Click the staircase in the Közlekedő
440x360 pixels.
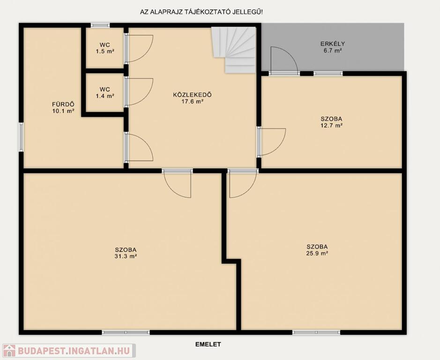pyautogui.click(x=234, y=50)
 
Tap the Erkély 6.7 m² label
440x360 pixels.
pyautogui.click(x=333, y=47)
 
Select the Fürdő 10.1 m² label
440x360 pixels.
pyautogui.click(x=63, y=107)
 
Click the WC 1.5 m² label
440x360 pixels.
pyautogui.click(x=105, y=48)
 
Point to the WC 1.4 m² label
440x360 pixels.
pyautogui.click(x=105, y=93)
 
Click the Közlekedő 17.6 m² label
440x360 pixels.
pyautogui.click(x=192, y=98)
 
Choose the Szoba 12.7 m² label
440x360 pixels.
pyautogui.click(x=331, y=122)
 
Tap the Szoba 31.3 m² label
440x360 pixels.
pyautogui.click(x=126, y=253)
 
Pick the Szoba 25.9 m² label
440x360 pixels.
pyautogui.click(x=317, y=250)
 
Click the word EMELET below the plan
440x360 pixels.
pyautogui.click(x=208, y=344)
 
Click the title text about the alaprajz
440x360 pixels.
pyautogui.click(x=201, y=12)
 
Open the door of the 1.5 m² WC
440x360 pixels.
pyautogui.click(x=139, y=48)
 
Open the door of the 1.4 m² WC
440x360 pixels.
pyautogui.click(x=139, y=92)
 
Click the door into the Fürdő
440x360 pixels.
pyautogui.click(x=139, y=147)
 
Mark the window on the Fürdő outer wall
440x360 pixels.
pyautogui.click(x=21, y=137)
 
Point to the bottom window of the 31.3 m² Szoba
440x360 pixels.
pyautogui.click(x=126, y=332)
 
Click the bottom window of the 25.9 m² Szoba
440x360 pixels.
pyautogui.click(x=316, y=332)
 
